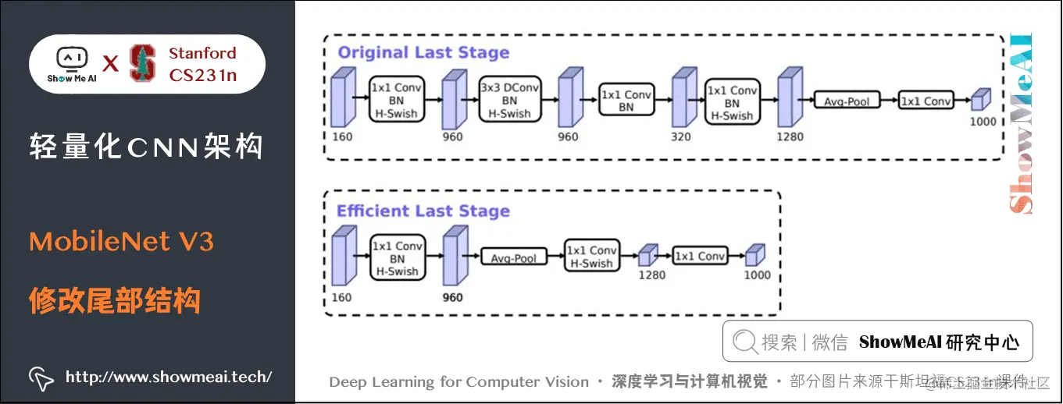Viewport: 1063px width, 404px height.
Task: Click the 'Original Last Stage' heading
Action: click(423, 53)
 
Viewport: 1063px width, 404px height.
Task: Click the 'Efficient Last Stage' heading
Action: click(423, 211)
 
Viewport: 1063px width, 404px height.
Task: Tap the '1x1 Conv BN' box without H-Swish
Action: click(626, 101)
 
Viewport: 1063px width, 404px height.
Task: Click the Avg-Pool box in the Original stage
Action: click(847, 101)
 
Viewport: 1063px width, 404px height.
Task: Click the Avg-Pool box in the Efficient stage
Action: click(513, 257)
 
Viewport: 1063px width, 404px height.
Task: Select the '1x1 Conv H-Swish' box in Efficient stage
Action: click(591, 257)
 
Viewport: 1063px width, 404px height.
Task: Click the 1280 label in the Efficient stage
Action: click(651, 275)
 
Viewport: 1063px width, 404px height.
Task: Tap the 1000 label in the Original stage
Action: click(983, 122)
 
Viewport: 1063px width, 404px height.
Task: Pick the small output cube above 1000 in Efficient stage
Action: click(754, 255)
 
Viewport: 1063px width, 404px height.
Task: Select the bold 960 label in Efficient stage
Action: click(452, 297)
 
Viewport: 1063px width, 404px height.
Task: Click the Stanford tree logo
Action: click(142, 63)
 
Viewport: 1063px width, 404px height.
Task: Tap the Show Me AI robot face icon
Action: click(72, 58)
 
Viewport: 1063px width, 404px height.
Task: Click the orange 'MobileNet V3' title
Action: click(121, 242)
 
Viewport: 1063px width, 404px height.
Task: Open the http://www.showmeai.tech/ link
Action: click(168, 377)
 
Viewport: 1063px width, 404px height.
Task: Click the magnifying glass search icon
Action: click(745, 342)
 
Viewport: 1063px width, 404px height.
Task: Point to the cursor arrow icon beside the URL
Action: click(41, 377)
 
